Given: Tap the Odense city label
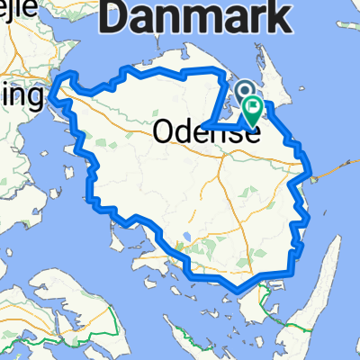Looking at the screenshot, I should click(206, 132).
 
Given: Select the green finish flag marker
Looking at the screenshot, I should click(253, 111).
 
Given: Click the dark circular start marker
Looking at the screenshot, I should click(244, 89).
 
